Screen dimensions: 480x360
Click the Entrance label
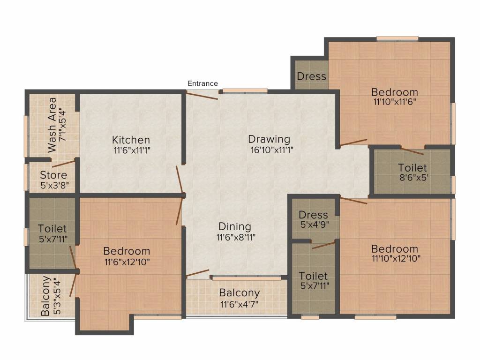(202, 83)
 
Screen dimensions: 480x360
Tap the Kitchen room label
(131, 140)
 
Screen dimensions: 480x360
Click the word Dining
(235, 227)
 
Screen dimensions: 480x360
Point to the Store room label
(53, 175)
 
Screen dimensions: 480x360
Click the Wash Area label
(52, 125)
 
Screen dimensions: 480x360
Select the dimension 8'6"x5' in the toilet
(414, 178)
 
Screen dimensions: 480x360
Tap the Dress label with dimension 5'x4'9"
(314, 215)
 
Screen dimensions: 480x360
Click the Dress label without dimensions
(312, 76)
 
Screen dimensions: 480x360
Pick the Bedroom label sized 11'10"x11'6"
(395, 92)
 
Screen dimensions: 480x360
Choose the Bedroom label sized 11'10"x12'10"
(395, 249)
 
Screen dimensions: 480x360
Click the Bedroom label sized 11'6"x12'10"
(127, 251)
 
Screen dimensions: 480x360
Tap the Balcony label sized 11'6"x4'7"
(240, 293)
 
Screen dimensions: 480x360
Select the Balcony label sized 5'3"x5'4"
(45, 296)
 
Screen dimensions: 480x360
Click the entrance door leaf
(202, 96)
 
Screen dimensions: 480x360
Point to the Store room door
(64, 164)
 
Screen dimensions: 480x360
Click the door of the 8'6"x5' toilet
(412, 151)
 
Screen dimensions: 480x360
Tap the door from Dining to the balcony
(197, 274)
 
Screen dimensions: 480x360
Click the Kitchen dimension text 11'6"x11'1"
(132, 150)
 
